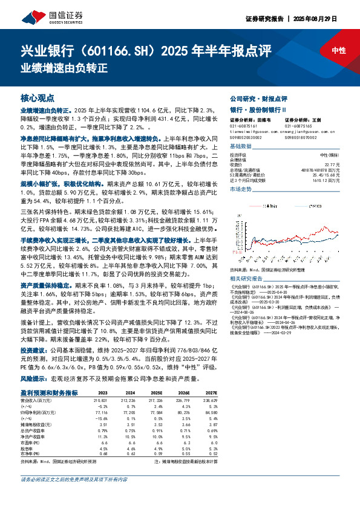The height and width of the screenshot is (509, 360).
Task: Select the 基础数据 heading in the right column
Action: point(240,146)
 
